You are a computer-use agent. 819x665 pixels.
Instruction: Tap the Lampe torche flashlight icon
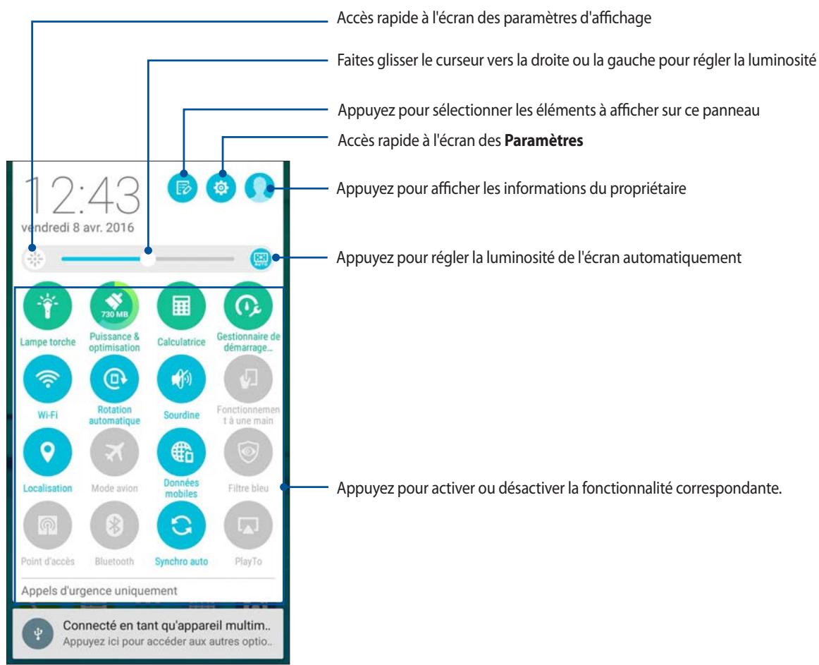click(47, 306)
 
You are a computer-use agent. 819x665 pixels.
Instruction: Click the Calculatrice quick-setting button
click(181, 306)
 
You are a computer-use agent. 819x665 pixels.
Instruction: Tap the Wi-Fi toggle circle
click(47, 379)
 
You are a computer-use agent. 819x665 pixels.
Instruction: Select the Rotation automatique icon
click(114, 379)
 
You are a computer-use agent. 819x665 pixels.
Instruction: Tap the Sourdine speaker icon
click(181, 379)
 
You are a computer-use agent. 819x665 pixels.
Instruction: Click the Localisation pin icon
click(47, 452)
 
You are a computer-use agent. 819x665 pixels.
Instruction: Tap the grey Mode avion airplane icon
click(114, 452)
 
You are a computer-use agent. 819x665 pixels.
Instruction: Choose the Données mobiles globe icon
click(181, 452)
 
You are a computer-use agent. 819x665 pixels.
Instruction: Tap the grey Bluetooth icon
click(114, 525)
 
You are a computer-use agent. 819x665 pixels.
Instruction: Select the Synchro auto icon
click(181, 525)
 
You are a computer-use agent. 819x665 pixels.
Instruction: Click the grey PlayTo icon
click(248, 525)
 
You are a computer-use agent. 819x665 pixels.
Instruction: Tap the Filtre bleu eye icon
click(248, 452)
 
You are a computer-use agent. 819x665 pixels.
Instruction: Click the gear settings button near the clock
click(221, 187)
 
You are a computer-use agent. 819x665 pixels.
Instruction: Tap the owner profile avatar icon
click(259, 187)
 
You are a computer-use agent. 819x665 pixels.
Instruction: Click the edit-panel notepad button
click(183, 187)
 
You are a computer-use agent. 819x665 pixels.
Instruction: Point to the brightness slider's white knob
click(148, 259)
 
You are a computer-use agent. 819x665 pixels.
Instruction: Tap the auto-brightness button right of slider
click(260, 258)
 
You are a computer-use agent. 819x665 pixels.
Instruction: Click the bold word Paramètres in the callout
click(543, 140)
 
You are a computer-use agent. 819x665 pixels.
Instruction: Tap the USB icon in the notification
click(38, 634)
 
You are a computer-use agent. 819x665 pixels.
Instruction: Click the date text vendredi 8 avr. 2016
click(78, 227)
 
